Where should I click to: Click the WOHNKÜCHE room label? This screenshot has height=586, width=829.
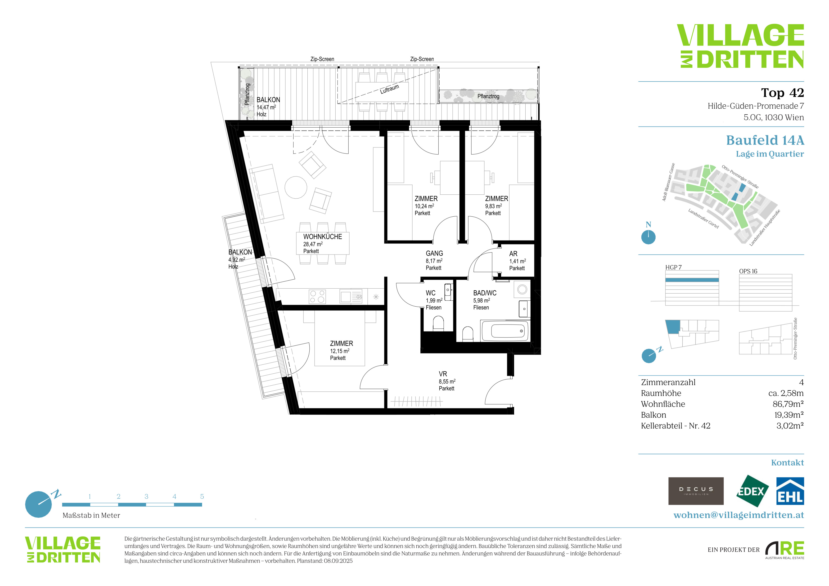(322, 237)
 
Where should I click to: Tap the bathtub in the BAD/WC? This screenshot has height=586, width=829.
(505, 331)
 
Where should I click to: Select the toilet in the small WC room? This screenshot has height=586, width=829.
(438, 324)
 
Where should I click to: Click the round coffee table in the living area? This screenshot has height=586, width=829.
(296, 187)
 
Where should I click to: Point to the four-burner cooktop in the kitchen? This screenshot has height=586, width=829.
(317, 297)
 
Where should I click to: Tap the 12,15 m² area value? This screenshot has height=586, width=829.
(339, 351)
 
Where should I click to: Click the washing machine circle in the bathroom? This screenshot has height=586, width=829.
(522, 289)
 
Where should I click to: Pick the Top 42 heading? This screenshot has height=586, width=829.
(782, 93)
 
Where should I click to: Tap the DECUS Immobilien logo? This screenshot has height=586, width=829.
(696, 491)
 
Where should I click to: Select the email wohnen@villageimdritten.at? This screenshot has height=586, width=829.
(739, 515)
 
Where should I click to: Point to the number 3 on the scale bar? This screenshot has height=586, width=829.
(146, 497)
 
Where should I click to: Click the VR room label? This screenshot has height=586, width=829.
(443, 374)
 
